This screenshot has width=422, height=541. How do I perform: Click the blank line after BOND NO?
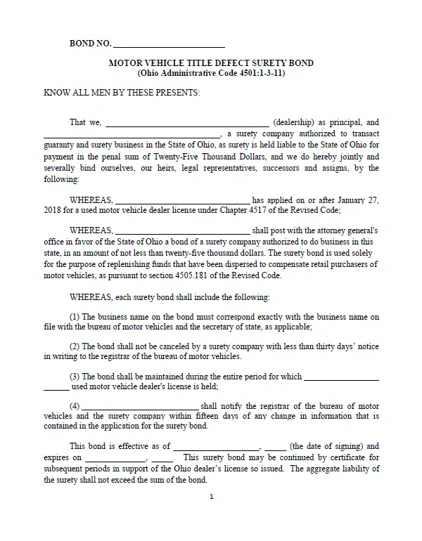(x=169, y=44)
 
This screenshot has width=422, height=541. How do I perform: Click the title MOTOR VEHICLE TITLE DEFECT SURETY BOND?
(x=211, y=63)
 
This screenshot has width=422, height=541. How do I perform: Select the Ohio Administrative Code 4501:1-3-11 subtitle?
(x=211, y=73)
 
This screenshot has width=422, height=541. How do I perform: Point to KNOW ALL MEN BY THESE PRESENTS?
(x=122, y=93)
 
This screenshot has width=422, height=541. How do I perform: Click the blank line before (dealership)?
(x=186, y=122)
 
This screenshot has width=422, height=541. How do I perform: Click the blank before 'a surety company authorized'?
(x=132, y=133)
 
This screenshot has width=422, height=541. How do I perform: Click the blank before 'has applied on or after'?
(x=181, y=200)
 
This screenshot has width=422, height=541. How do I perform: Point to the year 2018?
(x=53, y=211)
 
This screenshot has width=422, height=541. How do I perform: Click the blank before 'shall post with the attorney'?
(x=181, y=230)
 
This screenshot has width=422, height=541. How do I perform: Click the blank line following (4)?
(x=141, y=406)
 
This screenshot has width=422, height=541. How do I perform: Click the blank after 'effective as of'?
(x=217, y=446)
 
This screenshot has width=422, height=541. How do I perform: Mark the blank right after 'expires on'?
(x=115, y=457)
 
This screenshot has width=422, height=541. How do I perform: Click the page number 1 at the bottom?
(x=211, y=497)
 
